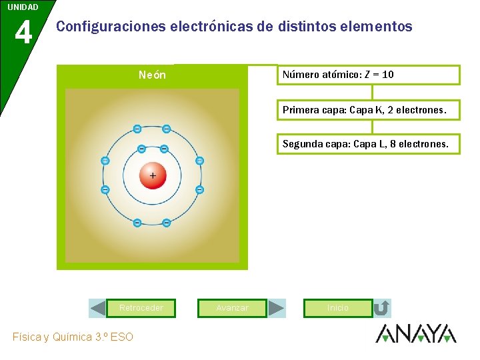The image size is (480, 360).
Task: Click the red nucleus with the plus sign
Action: pyautogui.click(x=153, y=175)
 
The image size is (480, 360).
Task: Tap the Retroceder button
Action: pyautogui.click(x=141, y=308)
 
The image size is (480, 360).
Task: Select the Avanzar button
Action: pyautogui.click(x=232, y=308)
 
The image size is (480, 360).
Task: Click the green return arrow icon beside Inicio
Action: pyautogui.click(x=382, y=308)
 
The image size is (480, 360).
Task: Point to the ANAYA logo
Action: pyautogui.click(x=416, y=333)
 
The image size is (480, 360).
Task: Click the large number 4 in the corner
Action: pyautogui.click(x=23, y=31)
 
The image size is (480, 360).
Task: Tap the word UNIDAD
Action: pyautogui.click(x=23, y=7)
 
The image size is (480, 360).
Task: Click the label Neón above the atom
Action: pyautogui.click(x=152, y=75)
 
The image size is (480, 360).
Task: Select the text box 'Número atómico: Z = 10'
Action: pyautogui.click(x=368, y=75)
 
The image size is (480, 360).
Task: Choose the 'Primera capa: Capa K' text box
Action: pyautogui.click(x=368, y=109)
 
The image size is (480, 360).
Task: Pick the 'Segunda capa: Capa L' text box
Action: pyautogui.click(x=368, y=143)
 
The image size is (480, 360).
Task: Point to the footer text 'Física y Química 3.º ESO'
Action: pyautogui.click(x=73, y=337)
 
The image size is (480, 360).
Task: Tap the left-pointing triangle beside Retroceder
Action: pyautogui.click(x=98, y=308)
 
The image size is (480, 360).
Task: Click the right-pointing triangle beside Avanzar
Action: pyautogui.click(x=276, y=308)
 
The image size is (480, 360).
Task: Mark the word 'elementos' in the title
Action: pyautogui.click(x=376, y=27)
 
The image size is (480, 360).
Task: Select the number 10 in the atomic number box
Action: pyautogui.click(x=387, y=75)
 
